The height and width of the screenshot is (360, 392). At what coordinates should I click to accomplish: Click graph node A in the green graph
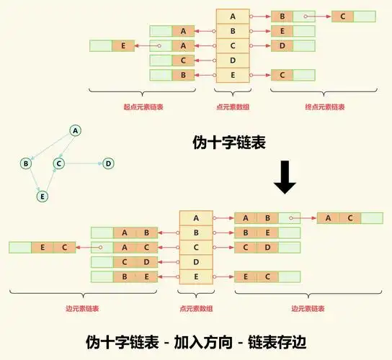tap(74, 130)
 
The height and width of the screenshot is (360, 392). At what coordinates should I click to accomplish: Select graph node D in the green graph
tap(108, 163)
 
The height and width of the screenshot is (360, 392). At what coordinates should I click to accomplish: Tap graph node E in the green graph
tap(43, 196)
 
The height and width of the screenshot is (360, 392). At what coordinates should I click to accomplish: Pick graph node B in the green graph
tap(26, 163)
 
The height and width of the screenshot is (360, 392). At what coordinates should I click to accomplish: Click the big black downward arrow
tap(285, 179)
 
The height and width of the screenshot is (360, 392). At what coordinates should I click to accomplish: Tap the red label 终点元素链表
tap(324, 107)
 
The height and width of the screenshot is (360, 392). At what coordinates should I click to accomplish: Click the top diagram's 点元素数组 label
tap(232, 107)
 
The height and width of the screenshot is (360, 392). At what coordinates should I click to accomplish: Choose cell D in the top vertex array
tap(232, 60)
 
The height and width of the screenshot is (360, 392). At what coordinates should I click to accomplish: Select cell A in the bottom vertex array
tap(196, 217)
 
